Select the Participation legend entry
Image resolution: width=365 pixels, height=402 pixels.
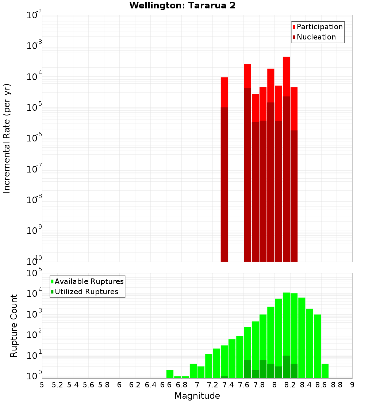point(318,27)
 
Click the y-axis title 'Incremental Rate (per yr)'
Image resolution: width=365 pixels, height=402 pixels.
point(7,138)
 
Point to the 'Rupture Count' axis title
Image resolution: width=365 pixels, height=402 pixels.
point(14,325)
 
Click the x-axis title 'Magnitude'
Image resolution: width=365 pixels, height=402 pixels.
point(197,396)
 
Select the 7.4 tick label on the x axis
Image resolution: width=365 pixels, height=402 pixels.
point(228,385)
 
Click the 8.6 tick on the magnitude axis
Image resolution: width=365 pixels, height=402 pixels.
point(321,385)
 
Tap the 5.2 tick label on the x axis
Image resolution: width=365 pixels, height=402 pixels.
point(57,385)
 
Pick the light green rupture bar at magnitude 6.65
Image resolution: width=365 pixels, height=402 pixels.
point(170,374)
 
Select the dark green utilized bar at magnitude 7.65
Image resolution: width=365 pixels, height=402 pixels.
point(247,369)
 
